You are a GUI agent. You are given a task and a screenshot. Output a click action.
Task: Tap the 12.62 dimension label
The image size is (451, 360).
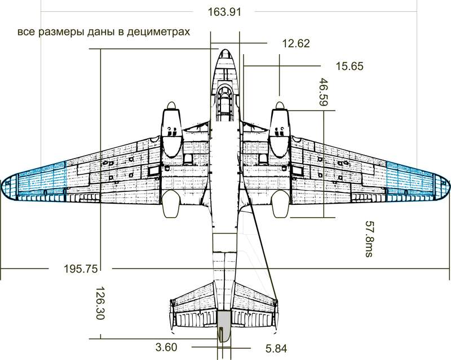[x=296, y=43]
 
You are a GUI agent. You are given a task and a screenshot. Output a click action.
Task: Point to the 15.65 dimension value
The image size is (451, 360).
[x=350, y=67]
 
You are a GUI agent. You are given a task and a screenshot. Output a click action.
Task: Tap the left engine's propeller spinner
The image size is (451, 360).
[x=171, y=107]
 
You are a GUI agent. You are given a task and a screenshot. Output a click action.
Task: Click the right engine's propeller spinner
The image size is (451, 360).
[x=280, y=107]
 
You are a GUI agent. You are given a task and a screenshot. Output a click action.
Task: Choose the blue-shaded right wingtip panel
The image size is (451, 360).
[x=412, y=179]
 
